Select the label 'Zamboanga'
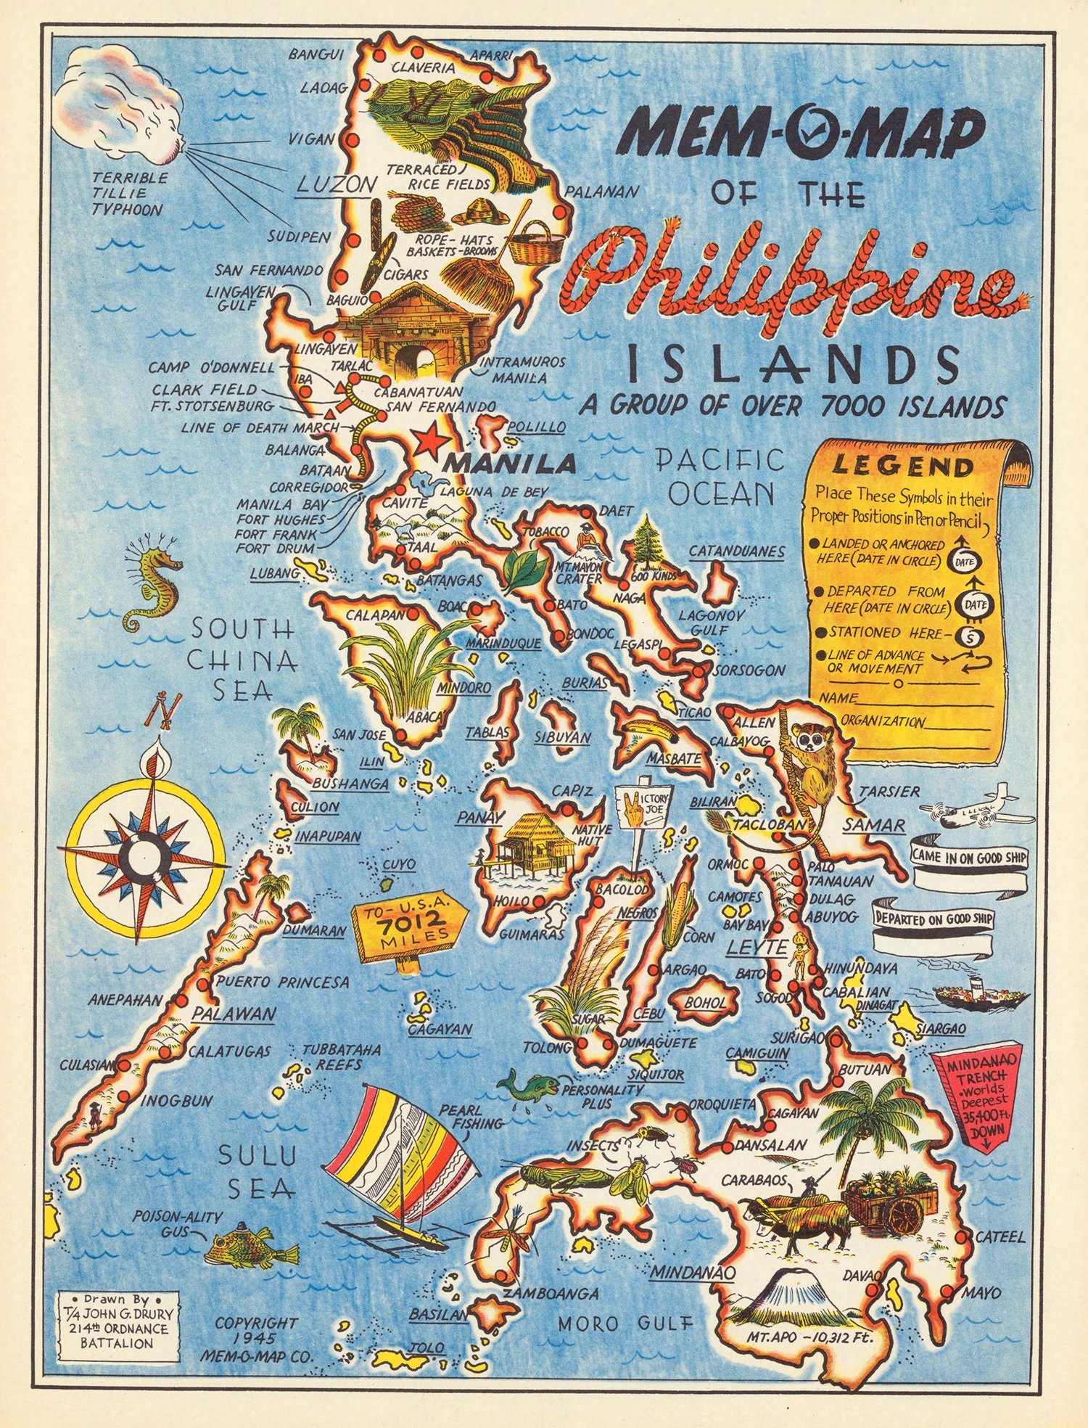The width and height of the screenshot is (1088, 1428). tap(551, 1293)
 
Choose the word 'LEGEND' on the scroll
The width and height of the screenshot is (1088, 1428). tap(903, 466)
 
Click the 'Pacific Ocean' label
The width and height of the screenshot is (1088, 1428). tap(720, 477)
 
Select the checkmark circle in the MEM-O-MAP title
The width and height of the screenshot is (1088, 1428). tap(801, 132)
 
